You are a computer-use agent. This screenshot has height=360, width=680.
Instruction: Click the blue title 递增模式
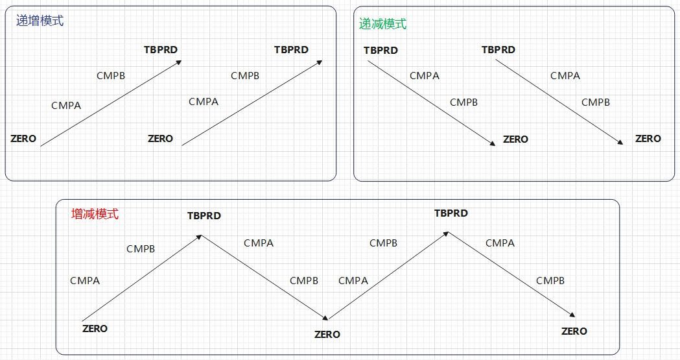(x=40, y=21)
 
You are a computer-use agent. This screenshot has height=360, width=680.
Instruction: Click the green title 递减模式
(x=383, y=24)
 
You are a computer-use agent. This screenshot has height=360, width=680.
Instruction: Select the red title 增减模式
(x=95, y=214)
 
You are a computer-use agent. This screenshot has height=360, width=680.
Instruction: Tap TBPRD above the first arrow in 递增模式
(x=161, y=49)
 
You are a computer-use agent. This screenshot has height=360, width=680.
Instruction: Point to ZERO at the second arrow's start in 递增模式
(x=160, y=138)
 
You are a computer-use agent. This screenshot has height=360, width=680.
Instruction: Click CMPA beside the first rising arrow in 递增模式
(x=66, y=105)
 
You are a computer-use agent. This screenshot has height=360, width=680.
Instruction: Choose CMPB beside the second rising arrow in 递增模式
(x=245, y=75)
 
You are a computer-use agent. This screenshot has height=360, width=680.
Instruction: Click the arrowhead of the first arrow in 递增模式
(x=180, y=62)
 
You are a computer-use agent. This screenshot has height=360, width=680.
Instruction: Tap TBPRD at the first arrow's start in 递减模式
(x=381, y=50)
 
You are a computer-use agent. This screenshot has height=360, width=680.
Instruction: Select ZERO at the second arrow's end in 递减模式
(x=648, y=138)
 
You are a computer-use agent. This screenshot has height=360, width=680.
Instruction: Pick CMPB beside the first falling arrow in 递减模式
(x=463, y=102)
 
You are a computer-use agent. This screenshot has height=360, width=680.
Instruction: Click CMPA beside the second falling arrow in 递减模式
(x=565, y=75)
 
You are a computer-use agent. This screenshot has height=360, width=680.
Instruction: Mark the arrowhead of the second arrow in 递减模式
(x=622, y=143)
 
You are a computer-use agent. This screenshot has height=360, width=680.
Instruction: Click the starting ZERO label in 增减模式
(x=95, y=328)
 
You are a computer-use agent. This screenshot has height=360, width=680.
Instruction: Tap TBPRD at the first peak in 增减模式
(x=204, y=215)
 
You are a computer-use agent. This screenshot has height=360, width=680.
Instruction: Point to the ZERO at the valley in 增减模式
(x=327, y=334)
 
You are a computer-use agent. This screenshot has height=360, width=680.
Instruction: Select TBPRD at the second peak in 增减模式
(x=451, y=213)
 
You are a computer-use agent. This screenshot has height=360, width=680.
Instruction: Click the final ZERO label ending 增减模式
(x=574, y=331)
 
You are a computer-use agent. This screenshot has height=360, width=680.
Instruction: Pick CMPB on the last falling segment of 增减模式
(x=550, y=280)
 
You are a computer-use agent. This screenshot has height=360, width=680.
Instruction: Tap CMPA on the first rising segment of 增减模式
(x=85, y=280)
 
